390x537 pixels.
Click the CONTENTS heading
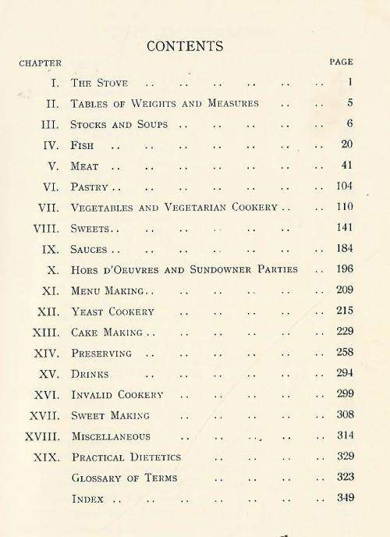pos(185,47)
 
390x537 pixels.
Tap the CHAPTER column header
pos(40,62)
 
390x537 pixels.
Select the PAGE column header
pos(341,62)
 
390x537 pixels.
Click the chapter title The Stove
pos(99,83)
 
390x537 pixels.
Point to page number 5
pos(351,103)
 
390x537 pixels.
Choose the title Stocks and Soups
pos(119,124)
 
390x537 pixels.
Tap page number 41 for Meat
pos(348,165)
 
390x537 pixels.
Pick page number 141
pos(345,228)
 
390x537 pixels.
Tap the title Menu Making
pos(107,290)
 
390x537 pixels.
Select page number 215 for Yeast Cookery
pos(345,311)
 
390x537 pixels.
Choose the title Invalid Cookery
pos(117,394)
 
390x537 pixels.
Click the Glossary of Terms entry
pos(124,478)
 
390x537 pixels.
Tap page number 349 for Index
pos(345,498)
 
